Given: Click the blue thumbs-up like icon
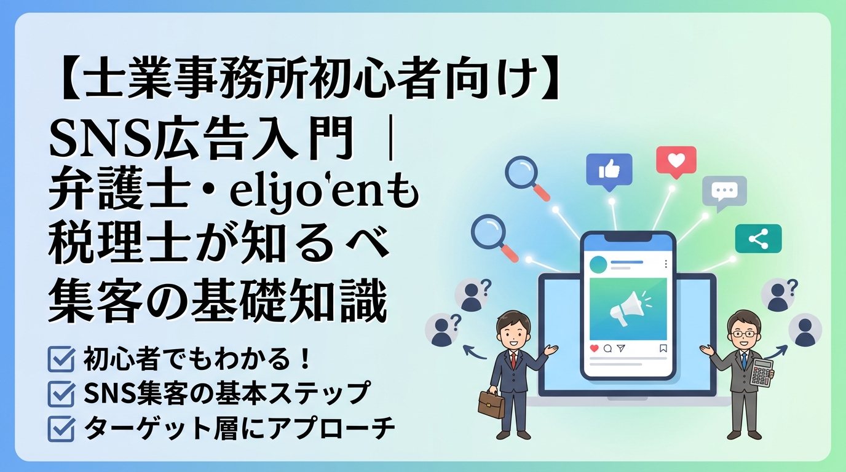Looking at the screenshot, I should coord(609,168).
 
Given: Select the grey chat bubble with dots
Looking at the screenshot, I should coord(724,191).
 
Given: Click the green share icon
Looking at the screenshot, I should coord(758,239).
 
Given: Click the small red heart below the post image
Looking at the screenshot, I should coord(594,348).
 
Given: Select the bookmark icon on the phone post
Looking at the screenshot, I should coord(663,348).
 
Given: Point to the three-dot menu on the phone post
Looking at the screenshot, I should coord(666,264).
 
